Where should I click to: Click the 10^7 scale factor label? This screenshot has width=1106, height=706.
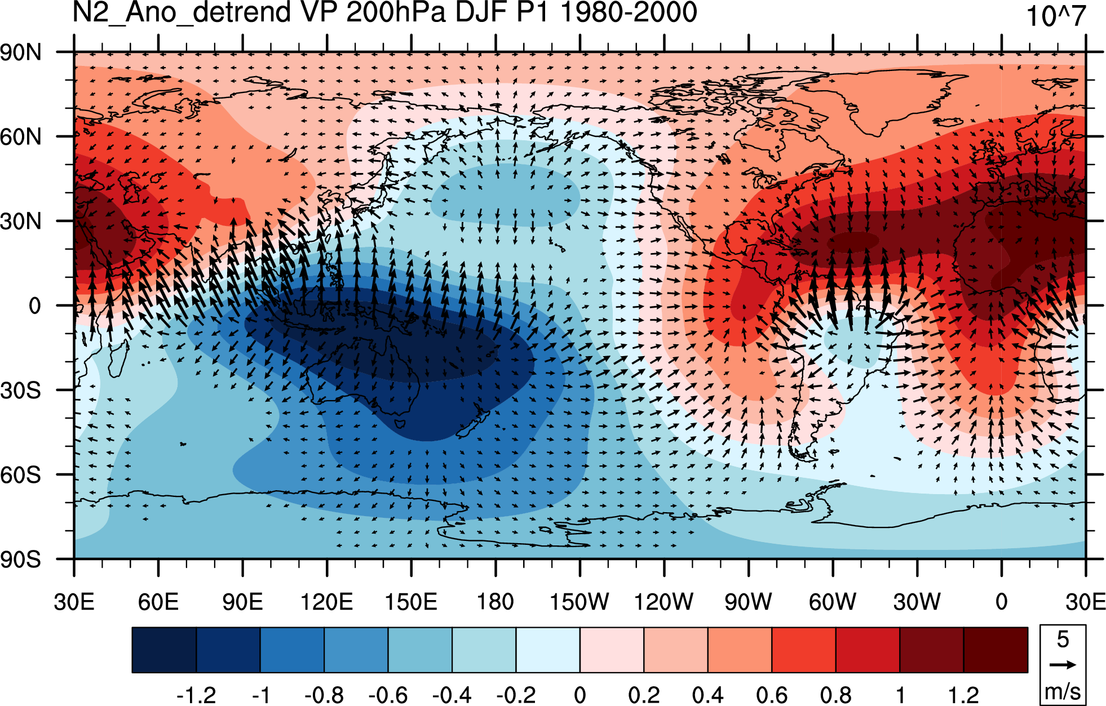1055,16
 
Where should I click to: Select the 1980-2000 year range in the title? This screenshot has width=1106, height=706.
629,12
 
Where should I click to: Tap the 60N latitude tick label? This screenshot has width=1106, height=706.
21,137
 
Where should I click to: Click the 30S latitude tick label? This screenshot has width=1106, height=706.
21,390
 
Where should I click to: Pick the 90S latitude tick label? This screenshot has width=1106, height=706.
21,560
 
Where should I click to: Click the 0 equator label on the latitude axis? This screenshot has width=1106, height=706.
35,306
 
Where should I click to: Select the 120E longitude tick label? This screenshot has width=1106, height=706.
326,602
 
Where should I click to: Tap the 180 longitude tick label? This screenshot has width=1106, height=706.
496,602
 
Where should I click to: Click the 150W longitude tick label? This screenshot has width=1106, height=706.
579,602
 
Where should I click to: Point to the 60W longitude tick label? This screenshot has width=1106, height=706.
833,602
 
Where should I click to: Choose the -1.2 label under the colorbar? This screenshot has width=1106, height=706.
196,695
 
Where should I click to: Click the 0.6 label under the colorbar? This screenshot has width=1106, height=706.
772,695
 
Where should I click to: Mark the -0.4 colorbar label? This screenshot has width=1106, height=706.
452,695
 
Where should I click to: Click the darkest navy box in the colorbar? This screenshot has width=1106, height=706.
164,650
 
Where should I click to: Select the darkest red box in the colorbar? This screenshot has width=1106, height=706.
996,650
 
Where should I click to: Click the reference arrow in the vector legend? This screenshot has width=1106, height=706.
1063,665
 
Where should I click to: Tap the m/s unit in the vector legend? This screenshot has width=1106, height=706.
1063,691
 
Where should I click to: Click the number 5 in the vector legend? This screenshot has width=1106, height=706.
1063,639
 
